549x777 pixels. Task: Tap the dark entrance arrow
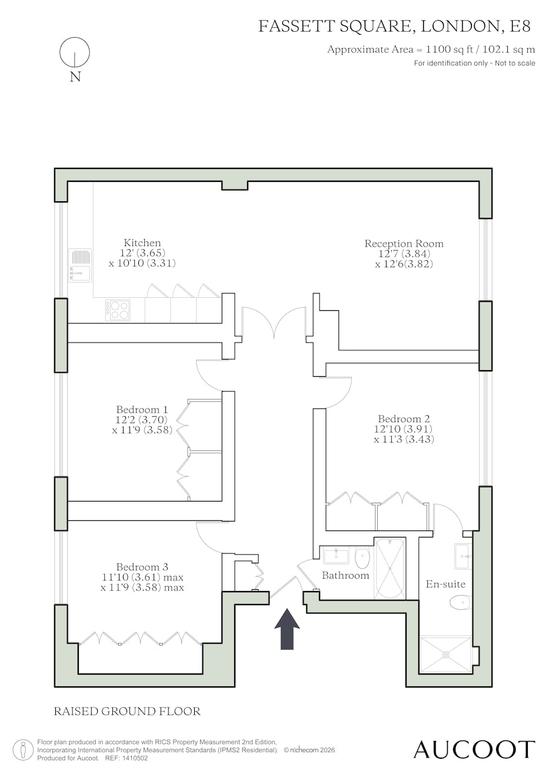287,629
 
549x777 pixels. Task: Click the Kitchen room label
142,243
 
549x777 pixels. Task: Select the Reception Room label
404,244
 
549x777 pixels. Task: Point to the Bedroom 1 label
142,409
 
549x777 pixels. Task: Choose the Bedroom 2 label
404,419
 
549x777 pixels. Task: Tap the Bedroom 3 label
142,567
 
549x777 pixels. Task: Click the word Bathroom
345,576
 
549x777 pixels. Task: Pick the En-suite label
445,584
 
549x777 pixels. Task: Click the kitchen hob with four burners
118,310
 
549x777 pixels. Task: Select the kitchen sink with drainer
80,265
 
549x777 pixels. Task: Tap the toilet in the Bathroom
362,557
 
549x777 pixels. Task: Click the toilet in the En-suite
461,603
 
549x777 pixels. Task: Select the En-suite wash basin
463,556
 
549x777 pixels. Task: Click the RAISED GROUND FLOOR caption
127,712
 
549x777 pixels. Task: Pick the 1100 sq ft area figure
450,49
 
